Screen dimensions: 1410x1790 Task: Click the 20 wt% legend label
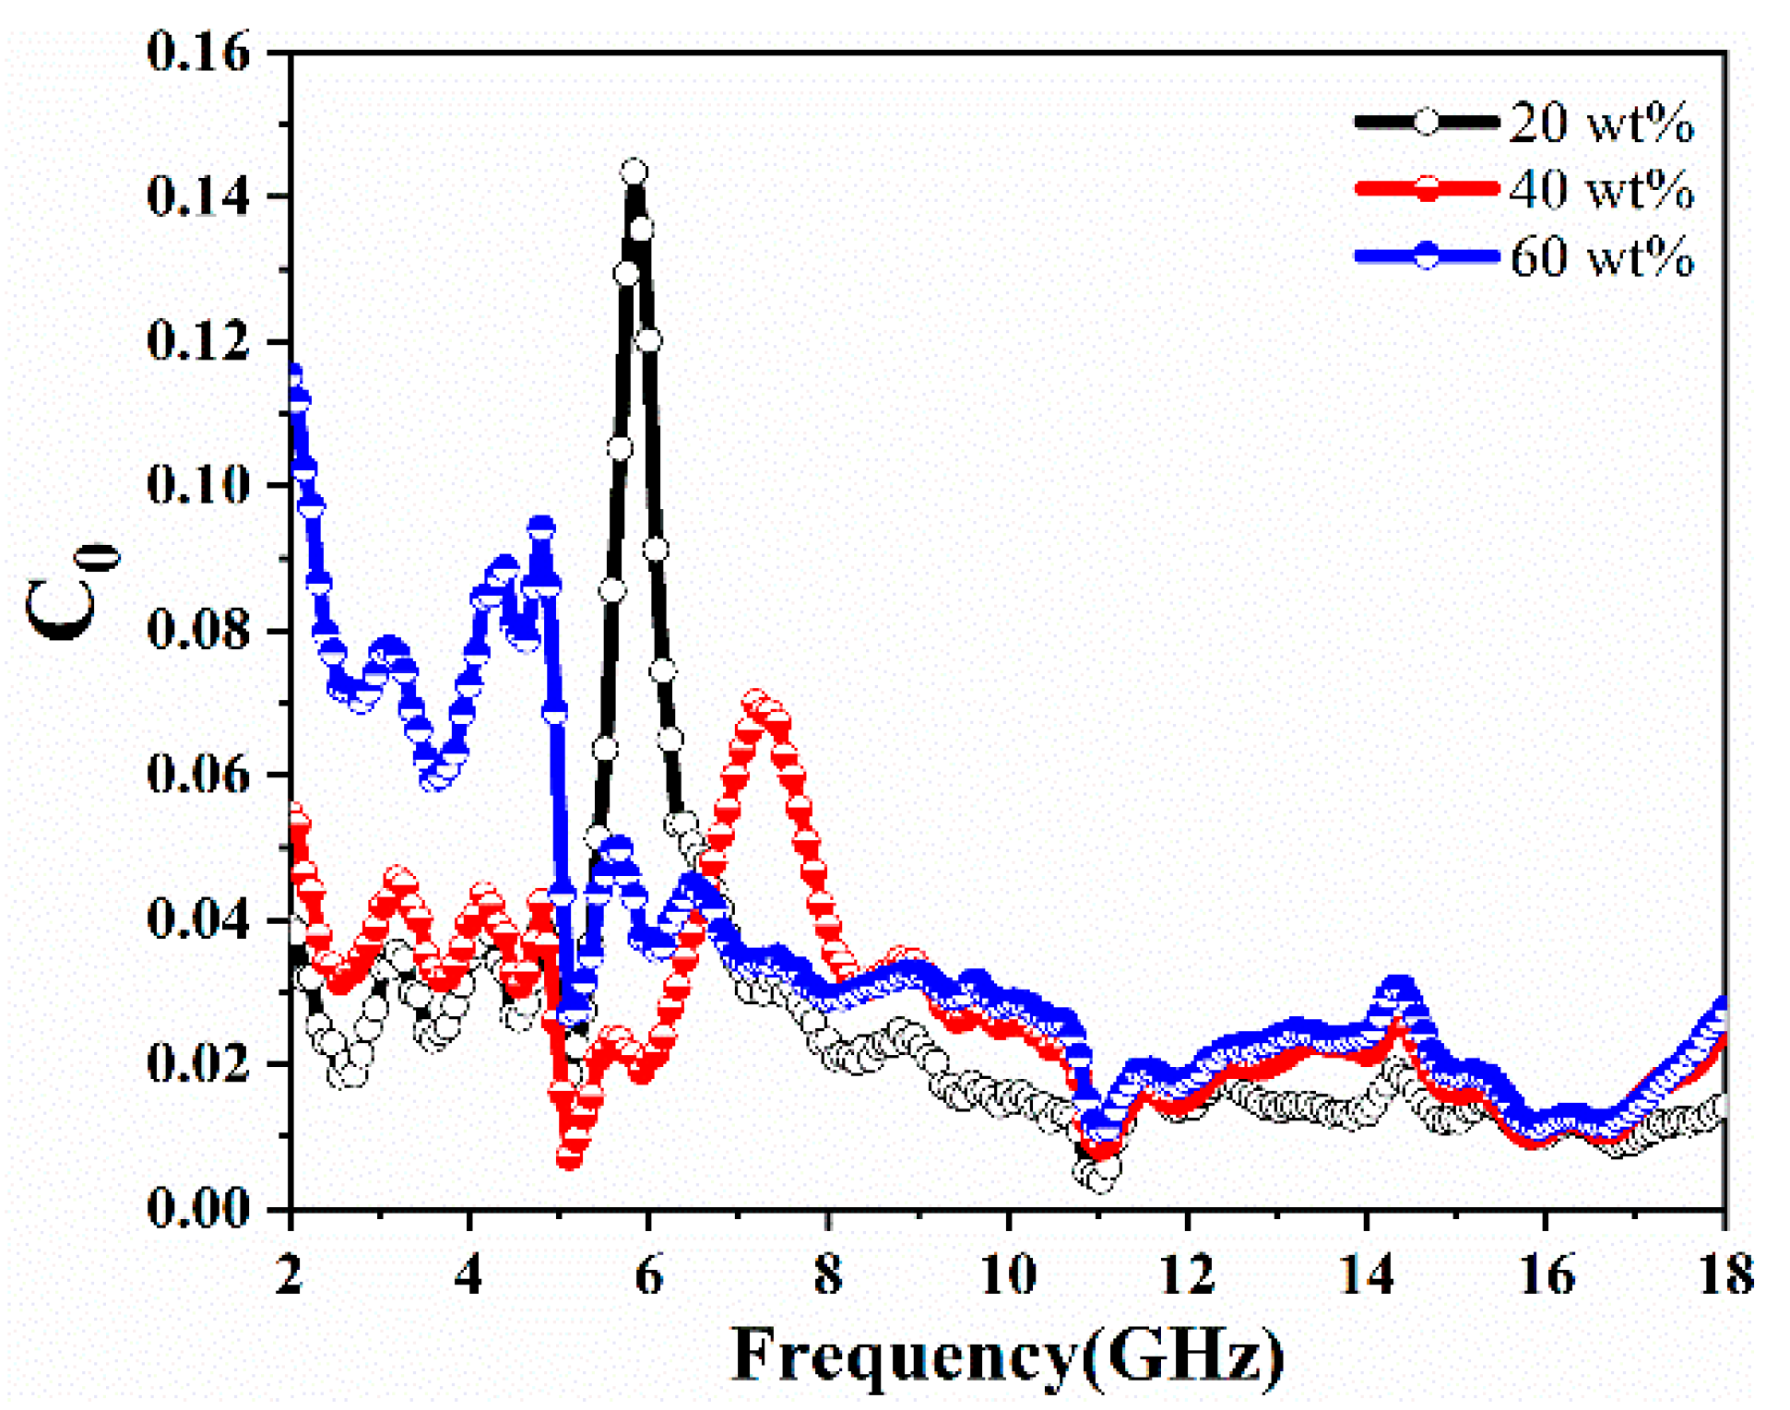tap(1600, 122)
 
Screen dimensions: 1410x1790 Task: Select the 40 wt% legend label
tap(1600, 189)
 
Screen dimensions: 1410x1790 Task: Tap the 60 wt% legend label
tap(1600, 256)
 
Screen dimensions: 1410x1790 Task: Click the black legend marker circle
tap(1426, 122)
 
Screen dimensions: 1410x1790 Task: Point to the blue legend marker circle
tap(1426, 255)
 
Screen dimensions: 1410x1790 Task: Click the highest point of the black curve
tap(634, 172)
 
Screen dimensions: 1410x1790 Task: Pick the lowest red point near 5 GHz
tap(569, 1158)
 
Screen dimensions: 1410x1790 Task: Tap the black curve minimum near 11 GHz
tap(1099, 1179)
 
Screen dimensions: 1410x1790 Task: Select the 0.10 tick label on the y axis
tap(198, 485)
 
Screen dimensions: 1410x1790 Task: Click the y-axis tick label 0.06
tap(198, 774)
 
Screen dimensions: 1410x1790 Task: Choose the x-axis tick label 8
tap(829, 1275)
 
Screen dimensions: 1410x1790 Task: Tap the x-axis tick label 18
tap(1724, 1275)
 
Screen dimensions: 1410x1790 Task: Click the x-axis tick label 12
tap(1187, 1275)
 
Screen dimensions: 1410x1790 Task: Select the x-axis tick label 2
tap(291, 1275)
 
